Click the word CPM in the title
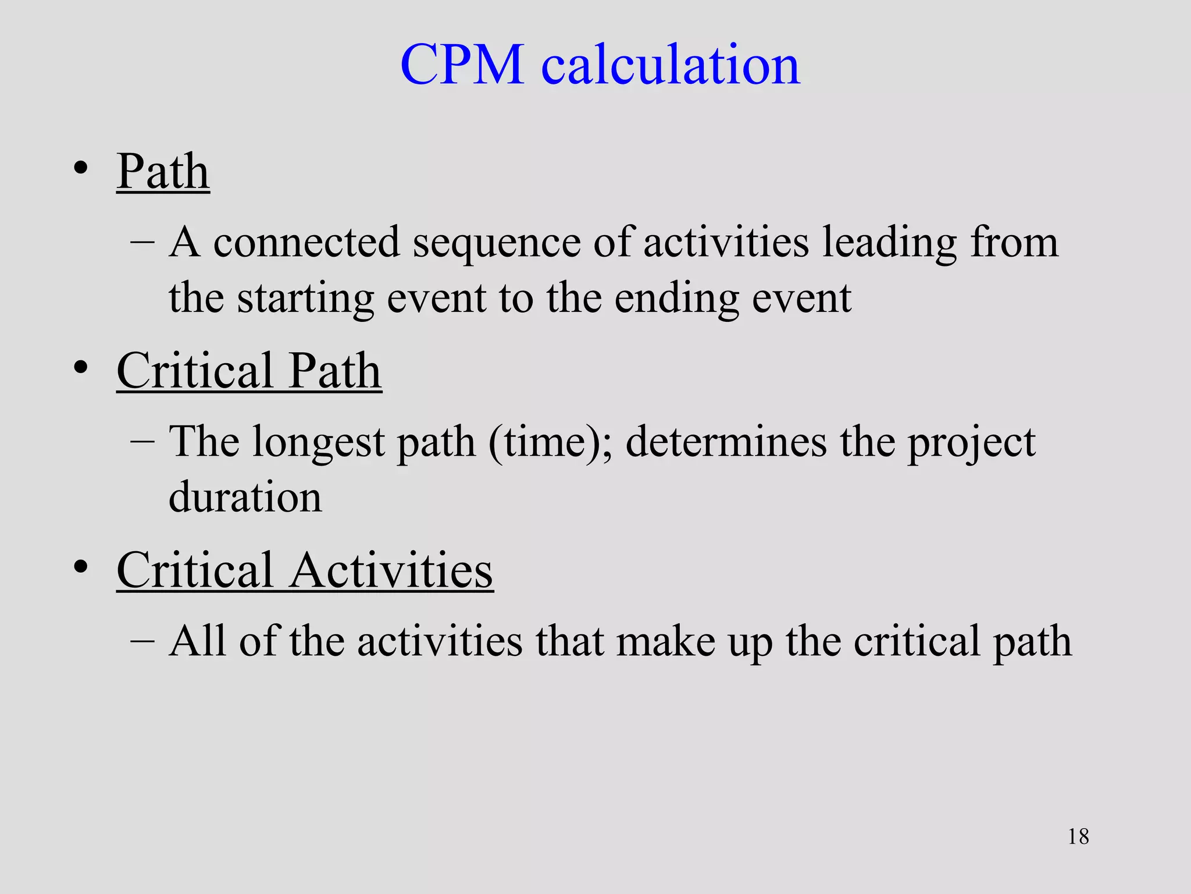462,65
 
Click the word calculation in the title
671,65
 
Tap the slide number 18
1078,836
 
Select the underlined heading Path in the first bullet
163,172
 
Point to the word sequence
496,243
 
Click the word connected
306,243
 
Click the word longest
318,442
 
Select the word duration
245,498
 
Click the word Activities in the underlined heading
391,570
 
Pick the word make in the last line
666,641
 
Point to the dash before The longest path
142,442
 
